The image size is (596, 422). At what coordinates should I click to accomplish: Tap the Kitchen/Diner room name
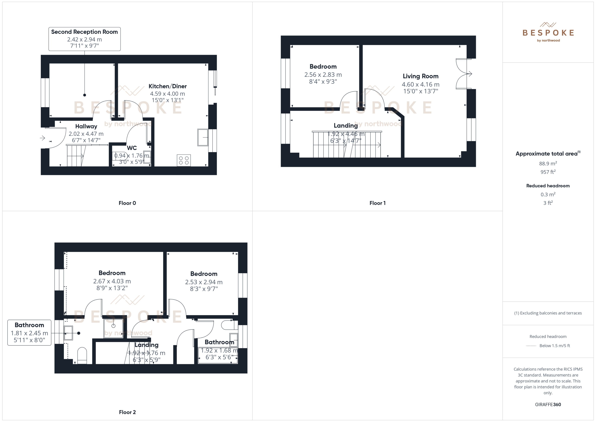(x=168, y=86)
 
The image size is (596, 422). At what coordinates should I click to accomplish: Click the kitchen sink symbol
(x=203, y=137)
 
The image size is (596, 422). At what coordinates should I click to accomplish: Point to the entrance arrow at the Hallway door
(x=42, y=138)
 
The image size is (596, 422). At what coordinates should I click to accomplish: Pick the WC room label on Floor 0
(x=132, y=148)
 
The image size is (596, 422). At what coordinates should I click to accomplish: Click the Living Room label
(x=420, y=76)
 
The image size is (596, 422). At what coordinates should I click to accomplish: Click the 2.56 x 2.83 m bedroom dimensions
(x=323, y=75)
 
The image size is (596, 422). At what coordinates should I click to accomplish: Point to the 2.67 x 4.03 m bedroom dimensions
(x=112, y=281)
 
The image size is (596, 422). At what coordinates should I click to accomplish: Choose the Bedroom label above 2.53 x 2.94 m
(x=204, y=274)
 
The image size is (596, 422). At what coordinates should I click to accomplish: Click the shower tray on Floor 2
(x=113, y=328)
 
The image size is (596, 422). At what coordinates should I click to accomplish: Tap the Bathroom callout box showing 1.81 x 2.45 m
(x=29, y=333)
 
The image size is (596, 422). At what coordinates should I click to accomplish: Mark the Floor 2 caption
(x=127, y=412)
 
